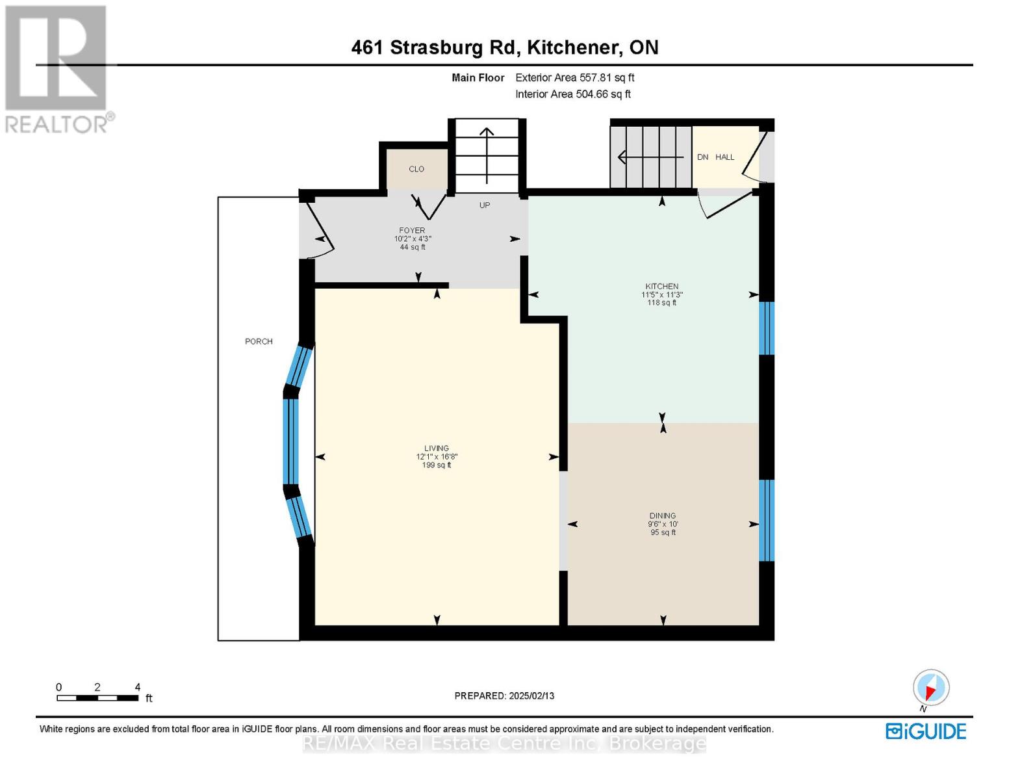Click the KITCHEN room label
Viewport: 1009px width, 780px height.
point(661,287)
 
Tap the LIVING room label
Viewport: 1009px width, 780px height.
point(437,448)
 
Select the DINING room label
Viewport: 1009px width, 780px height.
point(662,515)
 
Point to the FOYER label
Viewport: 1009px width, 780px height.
point(412,231)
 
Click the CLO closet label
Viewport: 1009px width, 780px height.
point(416,169)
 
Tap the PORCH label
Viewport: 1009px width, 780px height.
point(259,341)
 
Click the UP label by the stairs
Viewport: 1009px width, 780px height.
point(485,205)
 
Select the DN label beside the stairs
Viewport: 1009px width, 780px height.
point(703,157)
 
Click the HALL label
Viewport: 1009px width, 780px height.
point(725,157)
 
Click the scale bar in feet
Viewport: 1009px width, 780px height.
point(97,698)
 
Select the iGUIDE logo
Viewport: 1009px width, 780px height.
point(926,731)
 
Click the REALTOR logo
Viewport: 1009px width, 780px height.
point(57,68)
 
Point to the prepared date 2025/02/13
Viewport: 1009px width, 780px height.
point(504,695)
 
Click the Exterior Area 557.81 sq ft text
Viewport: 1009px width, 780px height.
point(574,77)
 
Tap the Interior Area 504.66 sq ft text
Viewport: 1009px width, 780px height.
point(573,94)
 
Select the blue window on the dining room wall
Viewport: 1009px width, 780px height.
point(767,520)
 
